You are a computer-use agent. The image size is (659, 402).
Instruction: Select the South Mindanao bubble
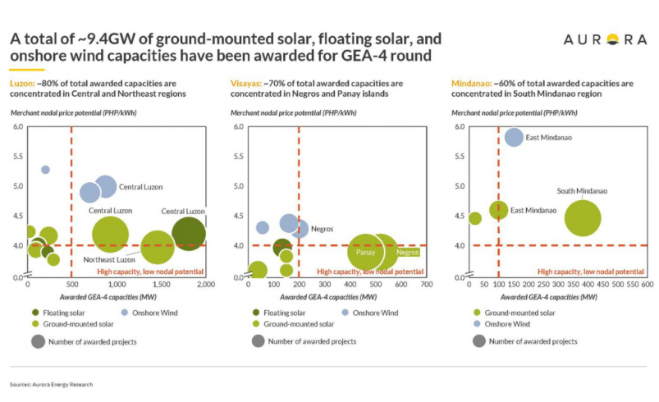tap(583, 218)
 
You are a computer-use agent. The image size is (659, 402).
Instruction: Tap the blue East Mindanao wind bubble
tap(514, 137)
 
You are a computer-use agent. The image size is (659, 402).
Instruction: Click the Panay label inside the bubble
tap(365, 253)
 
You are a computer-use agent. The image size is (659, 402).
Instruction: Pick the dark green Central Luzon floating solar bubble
tap(189, 233)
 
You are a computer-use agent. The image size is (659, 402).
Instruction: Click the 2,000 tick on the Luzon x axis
tap(205, 283)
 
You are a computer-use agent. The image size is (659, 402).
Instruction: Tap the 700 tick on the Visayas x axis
tap(425, 283)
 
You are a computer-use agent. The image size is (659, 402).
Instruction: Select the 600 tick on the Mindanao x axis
tap(647, 283)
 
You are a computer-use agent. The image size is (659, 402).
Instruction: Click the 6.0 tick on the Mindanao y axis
tap(460, 126)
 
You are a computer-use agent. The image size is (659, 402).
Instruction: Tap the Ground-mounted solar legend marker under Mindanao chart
tap(478, 312)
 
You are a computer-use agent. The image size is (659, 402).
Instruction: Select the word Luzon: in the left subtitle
tap(23, 84)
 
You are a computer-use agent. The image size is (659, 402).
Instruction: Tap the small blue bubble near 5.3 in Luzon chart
tap(45, 170)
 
